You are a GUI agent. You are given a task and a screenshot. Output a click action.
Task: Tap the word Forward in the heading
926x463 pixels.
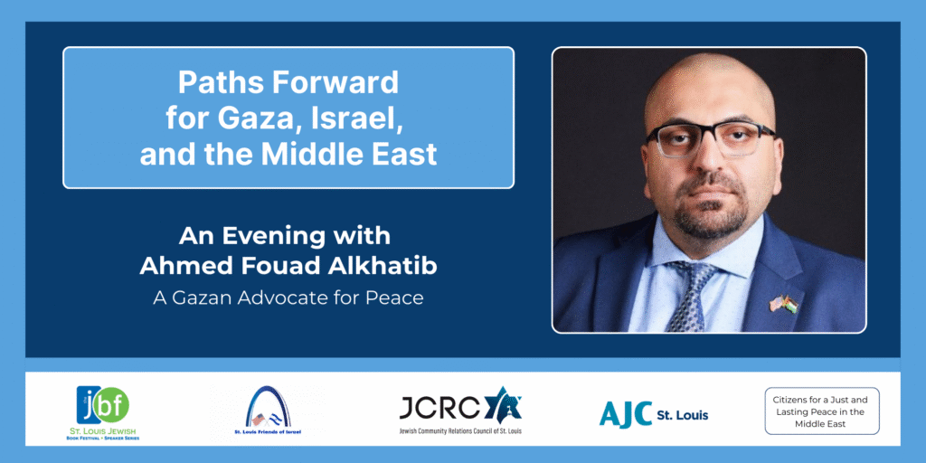point(340,82)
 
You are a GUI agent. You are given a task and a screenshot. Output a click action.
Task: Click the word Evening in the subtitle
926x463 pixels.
point(297,236)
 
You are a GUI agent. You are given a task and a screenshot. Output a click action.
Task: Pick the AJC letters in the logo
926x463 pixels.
point(625,413)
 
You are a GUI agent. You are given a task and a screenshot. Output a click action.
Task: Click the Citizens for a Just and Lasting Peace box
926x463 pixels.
point(821,411)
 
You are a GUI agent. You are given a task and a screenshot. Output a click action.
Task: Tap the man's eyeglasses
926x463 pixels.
point(709,138)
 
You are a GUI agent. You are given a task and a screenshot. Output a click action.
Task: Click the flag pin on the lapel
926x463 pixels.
point(783,302)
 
